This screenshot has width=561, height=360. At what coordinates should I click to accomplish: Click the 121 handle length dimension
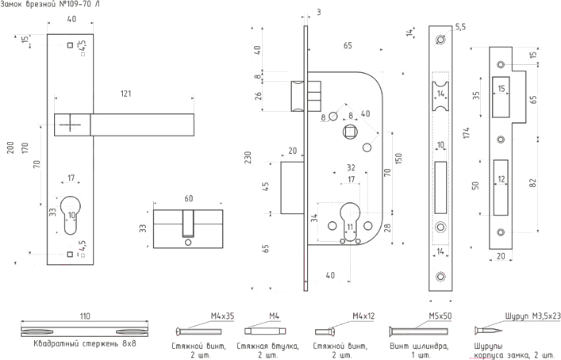(x=125, y=94)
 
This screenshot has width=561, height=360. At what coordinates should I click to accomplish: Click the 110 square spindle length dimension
(x=85, y=315)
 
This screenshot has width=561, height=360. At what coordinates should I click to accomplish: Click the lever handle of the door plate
(x=143, y=124)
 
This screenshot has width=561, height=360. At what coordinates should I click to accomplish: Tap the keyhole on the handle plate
(x=71, y=213)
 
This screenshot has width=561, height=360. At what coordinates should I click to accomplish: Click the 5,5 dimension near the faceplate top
(x=460, y=27)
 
